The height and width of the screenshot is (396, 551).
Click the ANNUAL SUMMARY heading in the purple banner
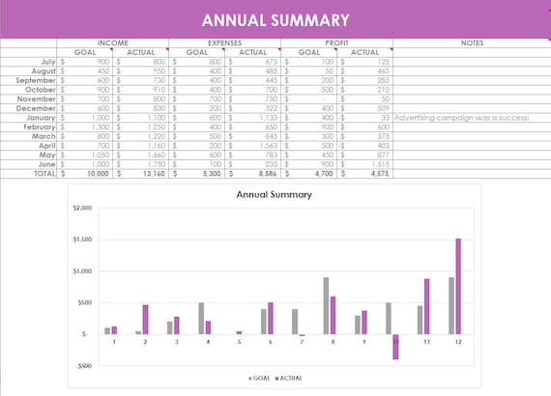(275, 20)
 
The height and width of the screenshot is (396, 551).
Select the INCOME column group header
(112, 43)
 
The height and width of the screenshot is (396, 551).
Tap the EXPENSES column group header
(224, 43)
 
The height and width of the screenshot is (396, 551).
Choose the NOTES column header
(471, 43)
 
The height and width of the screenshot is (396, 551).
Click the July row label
(41, 61)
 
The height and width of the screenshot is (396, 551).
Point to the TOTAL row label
(37, 175)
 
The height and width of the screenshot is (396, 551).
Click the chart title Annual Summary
(275, 194)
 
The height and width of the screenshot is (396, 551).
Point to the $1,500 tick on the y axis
(82, 240)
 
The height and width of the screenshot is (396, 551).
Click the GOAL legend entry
(260, 380)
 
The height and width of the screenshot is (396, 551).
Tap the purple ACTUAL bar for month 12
(458, 286)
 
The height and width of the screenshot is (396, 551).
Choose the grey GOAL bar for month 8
(326, 305)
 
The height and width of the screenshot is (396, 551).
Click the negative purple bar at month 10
(395, 347)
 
